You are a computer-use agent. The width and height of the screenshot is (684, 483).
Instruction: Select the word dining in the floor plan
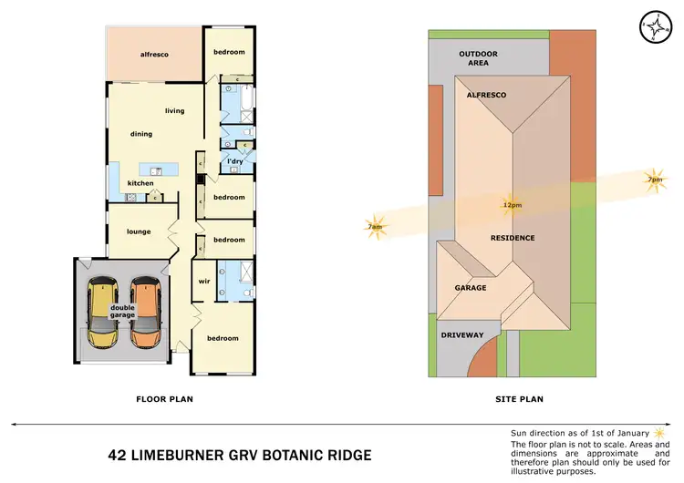pos(140,134)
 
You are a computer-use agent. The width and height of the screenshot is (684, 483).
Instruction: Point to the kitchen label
pos(140,183)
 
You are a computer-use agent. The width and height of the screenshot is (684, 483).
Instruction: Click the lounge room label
pos(139,231)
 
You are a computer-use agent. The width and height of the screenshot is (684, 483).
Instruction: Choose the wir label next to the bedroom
pos(204,281)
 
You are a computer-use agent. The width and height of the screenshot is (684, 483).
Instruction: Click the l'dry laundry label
pos(234,161)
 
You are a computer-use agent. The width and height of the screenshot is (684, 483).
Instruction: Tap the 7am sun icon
pos(376,228)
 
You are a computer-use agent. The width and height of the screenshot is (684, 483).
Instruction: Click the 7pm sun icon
pos(654,179)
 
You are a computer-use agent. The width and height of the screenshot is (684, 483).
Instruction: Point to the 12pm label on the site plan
pos(511,205)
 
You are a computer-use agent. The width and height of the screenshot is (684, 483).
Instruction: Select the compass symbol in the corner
pos(654,27)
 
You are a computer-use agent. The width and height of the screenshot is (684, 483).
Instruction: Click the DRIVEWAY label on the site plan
pos(462,335)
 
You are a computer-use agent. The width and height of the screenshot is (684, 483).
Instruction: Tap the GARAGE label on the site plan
pos(471,288)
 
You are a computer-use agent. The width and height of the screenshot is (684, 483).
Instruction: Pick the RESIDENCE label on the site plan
pos(513,238)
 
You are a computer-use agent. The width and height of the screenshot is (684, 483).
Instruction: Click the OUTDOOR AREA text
pos(479,58)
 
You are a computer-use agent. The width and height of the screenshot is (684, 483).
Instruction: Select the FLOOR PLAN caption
pos(164,399)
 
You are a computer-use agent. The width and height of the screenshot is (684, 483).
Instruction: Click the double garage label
pos(123,311)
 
